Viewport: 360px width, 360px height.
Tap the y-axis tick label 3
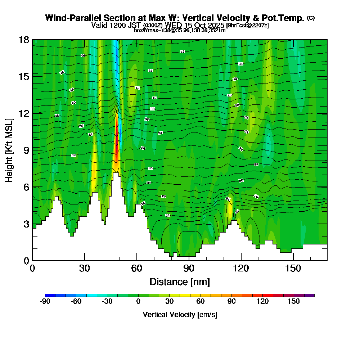click(x=26, y=224)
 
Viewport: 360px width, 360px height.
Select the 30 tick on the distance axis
click(x=84, y=268)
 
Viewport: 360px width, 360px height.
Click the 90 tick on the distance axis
click(x=189, y=268)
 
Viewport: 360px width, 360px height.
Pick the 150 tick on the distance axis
click(x=293, y=268)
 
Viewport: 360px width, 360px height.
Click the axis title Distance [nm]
click(x=180, y=281)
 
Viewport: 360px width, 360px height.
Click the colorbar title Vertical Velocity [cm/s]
click(x=180, y=315)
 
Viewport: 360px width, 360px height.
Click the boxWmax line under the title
click(x=180, y=30)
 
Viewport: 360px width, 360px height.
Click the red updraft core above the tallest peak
click(x=116, y=144)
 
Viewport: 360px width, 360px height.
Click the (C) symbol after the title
click(x=311, y=18)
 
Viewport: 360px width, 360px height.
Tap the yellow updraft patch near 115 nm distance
click(x=230, y=211)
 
